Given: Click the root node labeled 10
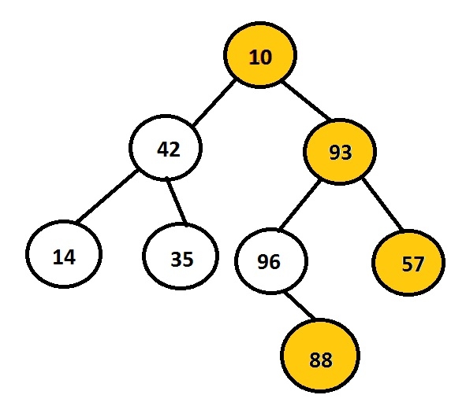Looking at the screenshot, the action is (x=260, y=55).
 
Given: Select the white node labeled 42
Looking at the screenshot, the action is (x=166, y=147).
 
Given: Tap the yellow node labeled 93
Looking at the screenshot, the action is (x=340, y=152).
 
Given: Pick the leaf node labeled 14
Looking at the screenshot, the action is (x=64, y=254).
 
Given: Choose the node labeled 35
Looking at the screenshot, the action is (x=181, y=257).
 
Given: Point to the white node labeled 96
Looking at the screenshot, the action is (x=271, y=261).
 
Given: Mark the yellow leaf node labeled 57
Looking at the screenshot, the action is (x=408, y=263).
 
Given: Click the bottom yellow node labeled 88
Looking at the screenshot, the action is (x=320, y=356).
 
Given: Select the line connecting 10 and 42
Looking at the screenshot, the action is (x=214, y=102).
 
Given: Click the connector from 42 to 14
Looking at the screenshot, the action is (x=106, y=196).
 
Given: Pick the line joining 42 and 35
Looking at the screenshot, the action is (x=177, y=201).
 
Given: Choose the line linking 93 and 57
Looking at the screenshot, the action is (x=383, y=205).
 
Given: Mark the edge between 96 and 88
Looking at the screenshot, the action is (x=300, y=306).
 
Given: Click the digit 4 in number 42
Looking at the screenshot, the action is (x=163, y=149).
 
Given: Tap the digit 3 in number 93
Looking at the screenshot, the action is (x=346, y=153).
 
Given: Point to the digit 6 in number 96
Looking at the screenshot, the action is (x=274, y=262).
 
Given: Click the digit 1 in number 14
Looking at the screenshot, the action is (x=57, y=257).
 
